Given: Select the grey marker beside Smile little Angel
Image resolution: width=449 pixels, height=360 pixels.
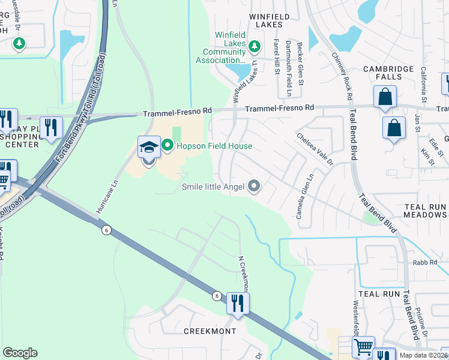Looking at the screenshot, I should tap(254, 187).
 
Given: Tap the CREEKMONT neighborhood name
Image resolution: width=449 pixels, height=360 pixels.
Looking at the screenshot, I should tap(209, 331).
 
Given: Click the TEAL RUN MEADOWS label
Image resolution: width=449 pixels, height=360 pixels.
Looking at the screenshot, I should tap(424, 210).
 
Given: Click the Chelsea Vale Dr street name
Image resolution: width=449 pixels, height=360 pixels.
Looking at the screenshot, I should tap(315, 149).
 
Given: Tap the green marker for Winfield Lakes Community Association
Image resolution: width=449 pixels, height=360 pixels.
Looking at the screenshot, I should tap(255, 46).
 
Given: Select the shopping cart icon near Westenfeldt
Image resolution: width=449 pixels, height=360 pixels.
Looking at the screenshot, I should tap(363, 346).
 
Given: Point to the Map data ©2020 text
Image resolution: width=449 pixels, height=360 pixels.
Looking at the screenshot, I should tap(424, 355).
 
